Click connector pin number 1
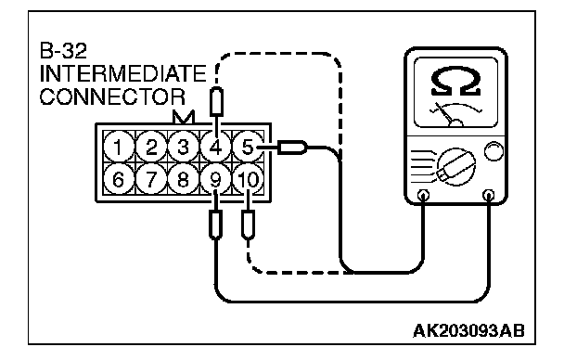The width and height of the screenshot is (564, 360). click(x=118, y=147)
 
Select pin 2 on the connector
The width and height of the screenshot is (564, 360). click(x=150, y=147)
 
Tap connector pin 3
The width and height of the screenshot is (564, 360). click(x=183, y=147)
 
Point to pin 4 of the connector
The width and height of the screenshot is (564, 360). click(x=215, y=147)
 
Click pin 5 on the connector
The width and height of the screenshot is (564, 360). click(x=248, y=147)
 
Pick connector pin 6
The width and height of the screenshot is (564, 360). click(x=118, y=179)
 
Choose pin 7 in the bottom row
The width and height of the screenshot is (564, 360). click(x=150, y=179)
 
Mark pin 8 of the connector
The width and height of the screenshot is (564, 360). click(x=183, y=179)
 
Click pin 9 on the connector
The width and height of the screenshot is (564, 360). click(x=215, y=179)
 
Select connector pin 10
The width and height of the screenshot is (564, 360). click(x=248, y=179)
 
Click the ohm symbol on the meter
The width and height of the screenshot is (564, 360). click(x=455, y=82)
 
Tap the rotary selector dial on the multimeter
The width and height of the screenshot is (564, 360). click(x=456, y=167)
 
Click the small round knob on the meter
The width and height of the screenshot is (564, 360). click(x=493, y=151)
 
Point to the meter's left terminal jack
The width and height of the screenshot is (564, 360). click(x=423, y=196)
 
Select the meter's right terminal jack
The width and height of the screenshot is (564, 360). click(x=488, y=196)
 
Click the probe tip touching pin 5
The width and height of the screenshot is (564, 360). click(x=292, y=148)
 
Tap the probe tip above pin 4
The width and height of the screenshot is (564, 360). click(x=216, y=102)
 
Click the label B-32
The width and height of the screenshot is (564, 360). click(x=63, y=51)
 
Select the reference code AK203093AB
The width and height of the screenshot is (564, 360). click(x=468, y=330)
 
